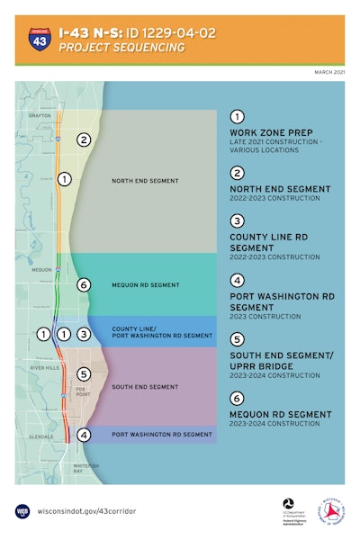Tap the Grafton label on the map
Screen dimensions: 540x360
[39, 115]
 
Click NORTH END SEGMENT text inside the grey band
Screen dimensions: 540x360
[144, 181]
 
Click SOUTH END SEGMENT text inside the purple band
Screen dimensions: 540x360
[144, 387]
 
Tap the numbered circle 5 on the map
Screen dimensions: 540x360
[84, 374]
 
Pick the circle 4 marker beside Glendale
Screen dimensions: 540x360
[84, 436]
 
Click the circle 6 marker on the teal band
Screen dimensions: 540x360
[84, 285]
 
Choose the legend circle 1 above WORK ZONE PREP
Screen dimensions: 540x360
[237, 117]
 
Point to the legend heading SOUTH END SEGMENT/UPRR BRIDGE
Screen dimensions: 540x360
[281, 360]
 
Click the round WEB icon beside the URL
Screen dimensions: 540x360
[22, 509]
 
